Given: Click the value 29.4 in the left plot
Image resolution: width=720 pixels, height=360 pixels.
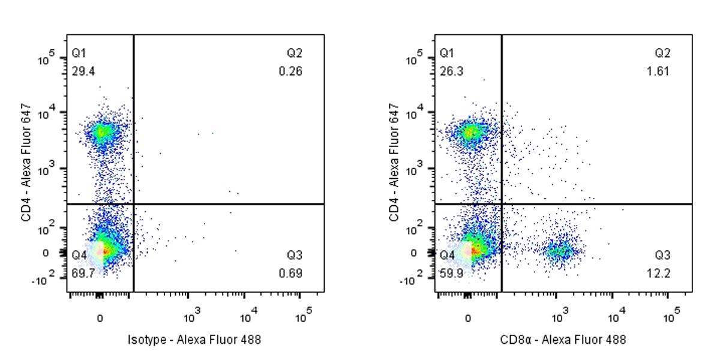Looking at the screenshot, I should click(83, 71).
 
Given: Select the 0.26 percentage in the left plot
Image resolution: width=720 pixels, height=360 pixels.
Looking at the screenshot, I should click(295, 71).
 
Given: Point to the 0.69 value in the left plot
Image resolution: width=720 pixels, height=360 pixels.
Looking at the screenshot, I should click(295, 274).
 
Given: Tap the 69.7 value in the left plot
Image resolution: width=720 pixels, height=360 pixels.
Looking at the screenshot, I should click(83, 274).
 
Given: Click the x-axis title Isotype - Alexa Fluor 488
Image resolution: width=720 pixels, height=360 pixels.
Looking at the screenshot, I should click(195, 340).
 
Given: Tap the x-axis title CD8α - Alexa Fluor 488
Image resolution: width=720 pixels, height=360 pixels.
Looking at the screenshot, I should click(563, 340).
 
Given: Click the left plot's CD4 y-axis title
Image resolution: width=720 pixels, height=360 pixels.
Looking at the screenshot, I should click(26, 162).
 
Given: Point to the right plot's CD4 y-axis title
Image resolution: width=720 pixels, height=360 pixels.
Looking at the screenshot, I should click(394, 162).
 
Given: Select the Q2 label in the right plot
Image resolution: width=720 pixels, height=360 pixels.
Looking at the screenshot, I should click(662, 53).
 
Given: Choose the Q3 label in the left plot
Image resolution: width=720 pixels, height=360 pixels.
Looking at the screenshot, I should click(295, 255).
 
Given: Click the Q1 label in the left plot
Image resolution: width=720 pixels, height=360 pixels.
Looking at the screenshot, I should click(79, 53).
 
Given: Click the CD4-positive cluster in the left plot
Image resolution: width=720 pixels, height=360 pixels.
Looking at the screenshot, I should click(102, 132).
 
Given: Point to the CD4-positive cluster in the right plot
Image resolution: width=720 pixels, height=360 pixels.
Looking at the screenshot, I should click(470, 132).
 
